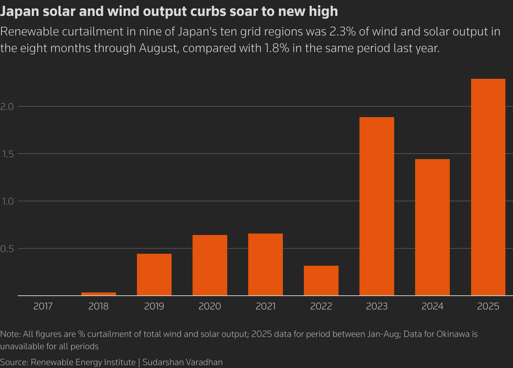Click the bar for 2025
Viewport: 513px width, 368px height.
[x=488, y=187]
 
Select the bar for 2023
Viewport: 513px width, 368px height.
[x=377, y=206]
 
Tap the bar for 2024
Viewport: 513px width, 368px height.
[x=432, y=227]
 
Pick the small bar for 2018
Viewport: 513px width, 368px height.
[x=99, y=294]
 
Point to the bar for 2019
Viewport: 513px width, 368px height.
[x=154, y=274]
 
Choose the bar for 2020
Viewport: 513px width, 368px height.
[x=210, y=265]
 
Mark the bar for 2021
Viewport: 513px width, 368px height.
[x=266, y=264]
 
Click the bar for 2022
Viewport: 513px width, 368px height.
[x=321, y=281]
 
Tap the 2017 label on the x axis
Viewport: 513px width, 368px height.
[x=43, y=307]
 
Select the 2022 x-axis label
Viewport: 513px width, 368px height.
[x=321, y=307]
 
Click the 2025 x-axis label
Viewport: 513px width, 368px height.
[x=488, y=307]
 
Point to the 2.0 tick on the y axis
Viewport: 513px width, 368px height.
[x=7, y=107]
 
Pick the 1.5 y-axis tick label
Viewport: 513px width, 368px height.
[x=7, y=154]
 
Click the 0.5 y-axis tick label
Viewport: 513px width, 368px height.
[x=7, y=249]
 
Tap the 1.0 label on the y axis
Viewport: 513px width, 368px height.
[x=7, y=201]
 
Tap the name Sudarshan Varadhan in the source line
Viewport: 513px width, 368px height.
[x=182, y=362]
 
